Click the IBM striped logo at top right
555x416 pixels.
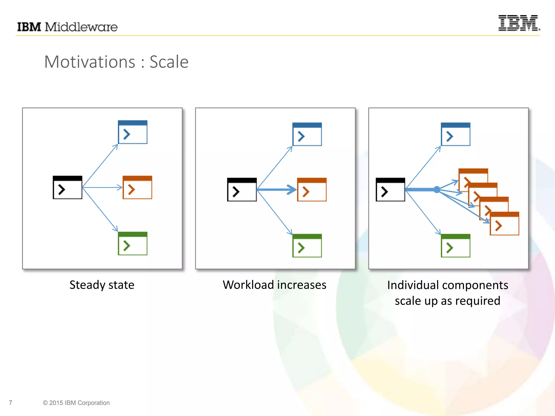[519, 23]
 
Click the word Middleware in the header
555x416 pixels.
[81, 27]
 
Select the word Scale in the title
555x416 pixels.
[169, 62]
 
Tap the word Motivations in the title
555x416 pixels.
[89, 62]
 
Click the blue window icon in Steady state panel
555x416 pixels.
[133, 132]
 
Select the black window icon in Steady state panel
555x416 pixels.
[67, 187]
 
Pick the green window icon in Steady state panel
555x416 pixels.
[133, 243]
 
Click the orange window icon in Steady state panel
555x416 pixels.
[137, 187]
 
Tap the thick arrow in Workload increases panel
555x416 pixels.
[276, 190]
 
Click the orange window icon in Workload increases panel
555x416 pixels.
[312, 190]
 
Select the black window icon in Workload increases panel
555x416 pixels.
[242, 190]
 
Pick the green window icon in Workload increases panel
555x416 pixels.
[307, 246]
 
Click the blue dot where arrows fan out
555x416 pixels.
[437, 190]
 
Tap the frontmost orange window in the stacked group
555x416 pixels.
[505, 224]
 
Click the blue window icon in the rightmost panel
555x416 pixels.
[456, 134]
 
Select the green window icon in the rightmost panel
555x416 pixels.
[456, 246]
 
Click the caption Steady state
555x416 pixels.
[102, 285]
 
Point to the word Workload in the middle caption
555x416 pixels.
[248, 285]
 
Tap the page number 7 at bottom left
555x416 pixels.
[11, 403]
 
